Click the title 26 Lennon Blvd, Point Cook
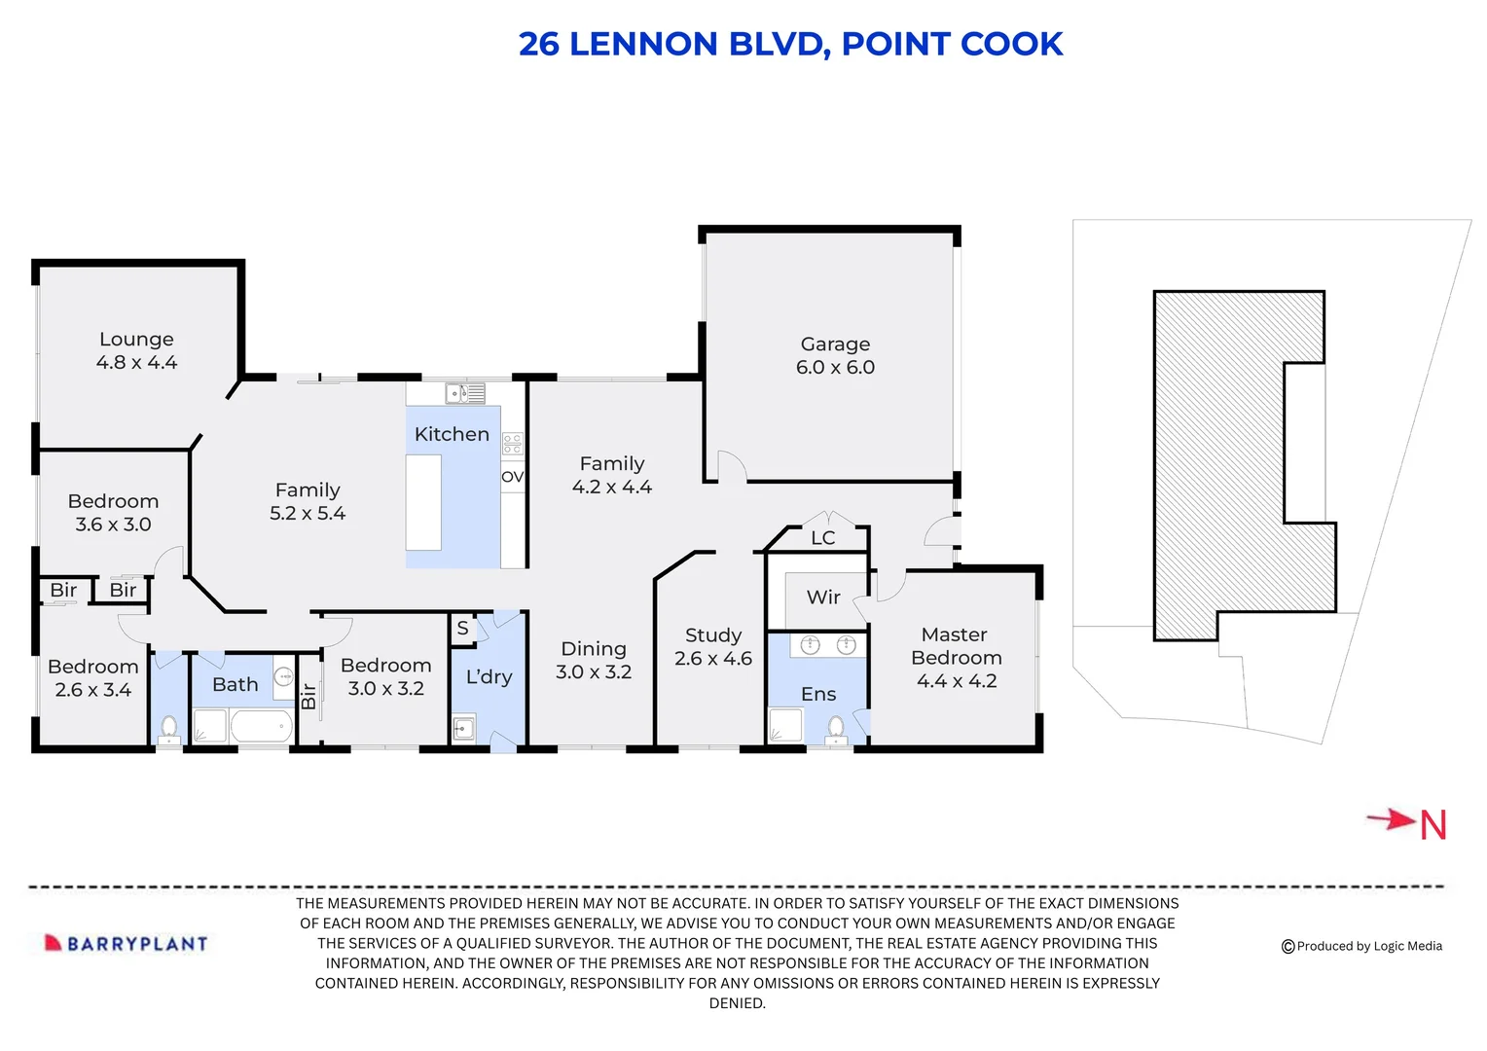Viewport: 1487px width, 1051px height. pos(789,45)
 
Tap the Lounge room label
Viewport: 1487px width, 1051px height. pos(136,340)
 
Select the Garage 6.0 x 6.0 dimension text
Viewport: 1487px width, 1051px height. pos(835,368)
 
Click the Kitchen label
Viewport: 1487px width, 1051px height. pos(452,434)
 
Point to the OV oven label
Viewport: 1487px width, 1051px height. pos(512,477)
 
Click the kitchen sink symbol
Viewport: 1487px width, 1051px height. pos(464,393)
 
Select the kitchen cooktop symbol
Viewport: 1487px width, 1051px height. pos(512,445)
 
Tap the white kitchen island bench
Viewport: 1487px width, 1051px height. pos(423,502)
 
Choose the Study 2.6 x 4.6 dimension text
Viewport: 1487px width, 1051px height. pos(713,659)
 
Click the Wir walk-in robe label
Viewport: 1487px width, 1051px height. pos(823,598)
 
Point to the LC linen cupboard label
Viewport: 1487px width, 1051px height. pos(823,538)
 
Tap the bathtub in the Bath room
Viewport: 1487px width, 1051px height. pos(260,726)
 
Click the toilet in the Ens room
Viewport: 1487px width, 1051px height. pos(836,727)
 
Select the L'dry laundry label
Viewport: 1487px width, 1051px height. pos(489,677)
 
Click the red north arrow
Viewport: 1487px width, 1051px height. pos(1392,819)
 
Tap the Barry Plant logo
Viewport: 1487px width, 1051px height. pos(127,943)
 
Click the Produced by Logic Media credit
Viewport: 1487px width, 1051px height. pos(1361,946)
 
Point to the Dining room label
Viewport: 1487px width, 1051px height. pos(594,649)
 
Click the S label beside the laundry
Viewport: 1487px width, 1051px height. pos(462,629)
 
